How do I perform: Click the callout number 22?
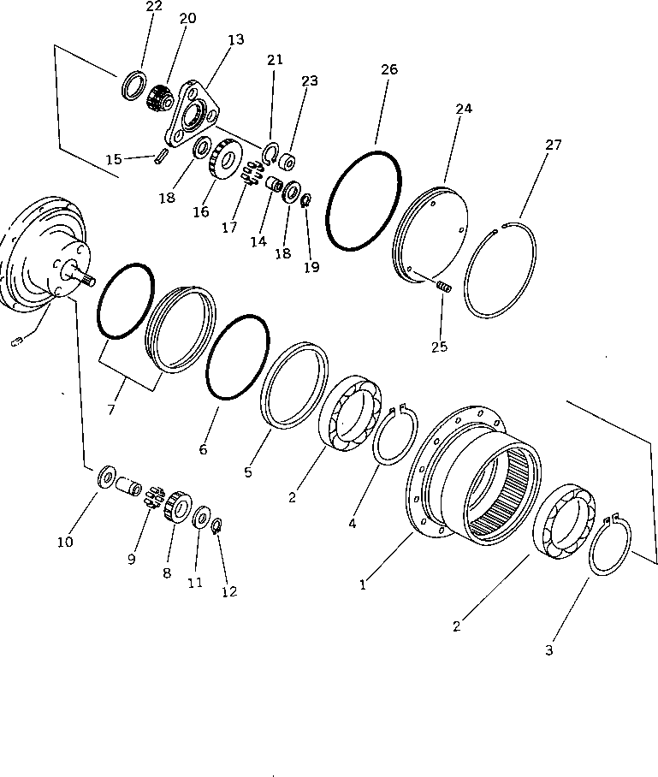(153, 7)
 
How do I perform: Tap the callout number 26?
(388, 69)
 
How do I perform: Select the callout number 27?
(554, 145)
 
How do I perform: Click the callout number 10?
(90, 541)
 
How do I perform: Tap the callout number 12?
(228, 591)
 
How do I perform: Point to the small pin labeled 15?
(160, 158)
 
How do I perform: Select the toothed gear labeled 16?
(226, 158)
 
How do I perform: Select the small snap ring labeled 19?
(305, 201)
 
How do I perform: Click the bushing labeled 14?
(275, 185)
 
